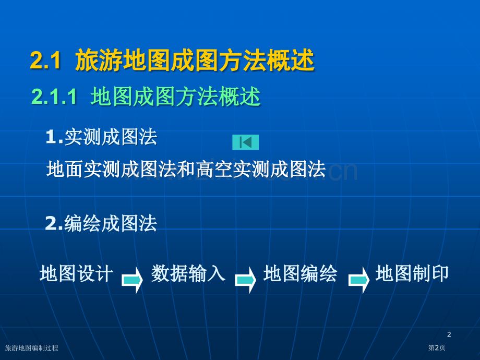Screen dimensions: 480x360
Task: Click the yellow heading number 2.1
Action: click(x=45, y=61)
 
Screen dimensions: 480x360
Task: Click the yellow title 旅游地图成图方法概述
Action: click(x=195, y=60)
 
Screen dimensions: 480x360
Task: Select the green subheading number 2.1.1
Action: click(x=54, y=97)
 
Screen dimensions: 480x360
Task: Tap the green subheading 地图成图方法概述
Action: click(x=175, y=97)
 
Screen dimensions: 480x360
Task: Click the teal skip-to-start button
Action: click(x=246, y=142)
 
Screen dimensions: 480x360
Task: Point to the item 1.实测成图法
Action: click(x=101, y=137)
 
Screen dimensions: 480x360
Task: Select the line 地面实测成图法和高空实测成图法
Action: click(x=186, y=169)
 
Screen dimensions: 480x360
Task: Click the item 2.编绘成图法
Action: click(x=101, y=223)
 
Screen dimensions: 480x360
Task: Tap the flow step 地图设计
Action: click(x=77, y=273)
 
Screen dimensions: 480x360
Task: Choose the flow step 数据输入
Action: click(x=188, y=273)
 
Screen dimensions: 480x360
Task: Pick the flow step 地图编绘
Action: click(x=301, y=273)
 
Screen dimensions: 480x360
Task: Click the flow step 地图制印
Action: click(x=412, y=273)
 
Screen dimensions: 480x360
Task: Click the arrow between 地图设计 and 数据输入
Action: click(x=132, y=280)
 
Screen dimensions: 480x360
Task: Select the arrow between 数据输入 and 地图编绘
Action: click(x=246, y=280)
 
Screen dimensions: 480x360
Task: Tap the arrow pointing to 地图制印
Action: click(x=359, y=280)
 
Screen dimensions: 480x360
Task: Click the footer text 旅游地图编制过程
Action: click(x=31, y=348)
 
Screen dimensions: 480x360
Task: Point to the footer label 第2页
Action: click(x=437, y=348)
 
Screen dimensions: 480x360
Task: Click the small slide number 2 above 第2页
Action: click(x=449, y=334)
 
